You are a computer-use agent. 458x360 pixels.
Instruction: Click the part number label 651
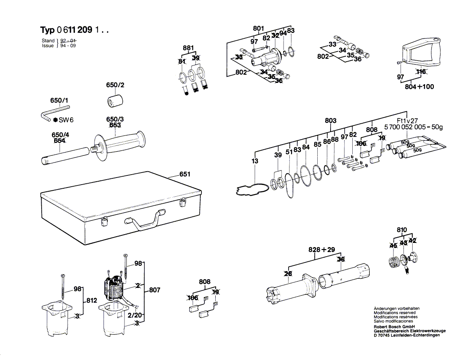click(184, 175)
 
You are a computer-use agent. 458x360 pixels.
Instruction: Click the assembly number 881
click(188, 48)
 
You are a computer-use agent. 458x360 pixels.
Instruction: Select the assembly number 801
click(259, 29)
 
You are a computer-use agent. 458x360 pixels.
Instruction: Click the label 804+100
click(419, 87)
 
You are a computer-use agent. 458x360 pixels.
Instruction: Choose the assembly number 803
click(331, 121)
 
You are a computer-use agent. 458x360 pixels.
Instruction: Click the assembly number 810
click(402, 230)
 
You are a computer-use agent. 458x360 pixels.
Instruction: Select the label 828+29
click(321, 250)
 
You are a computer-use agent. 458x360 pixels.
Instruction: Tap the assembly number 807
click(154, 290)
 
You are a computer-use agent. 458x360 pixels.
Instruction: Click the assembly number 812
click(92, 300)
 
